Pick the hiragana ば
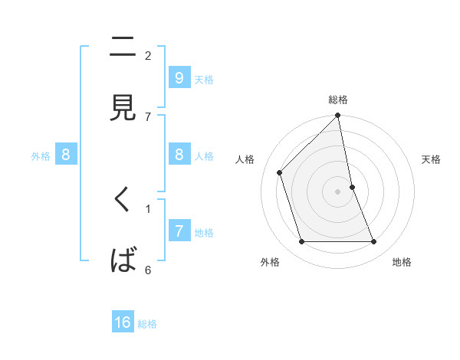tap(123, 260)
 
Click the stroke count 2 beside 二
tap(148, 55)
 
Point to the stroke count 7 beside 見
tap(148, 116)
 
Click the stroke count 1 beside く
tap(148, 208)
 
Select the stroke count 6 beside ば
tap(148, 270)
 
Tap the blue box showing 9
tap(179, 77)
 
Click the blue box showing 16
tap(123, 322)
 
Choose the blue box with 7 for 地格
tap(179, 231)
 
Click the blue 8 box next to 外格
tap(66, 155)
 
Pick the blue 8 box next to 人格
tap(179, 155)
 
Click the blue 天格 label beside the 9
tap(204, 79)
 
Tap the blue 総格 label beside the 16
tap(147, 324)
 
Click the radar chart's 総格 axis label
tap(338, 100)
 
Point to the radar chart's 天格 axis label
tap(432, 159)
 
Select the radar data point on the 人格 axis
tap(280, 172)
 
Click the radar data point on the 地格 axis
tap(374, 242)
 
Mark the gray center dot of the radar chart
tap(338, 191)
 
